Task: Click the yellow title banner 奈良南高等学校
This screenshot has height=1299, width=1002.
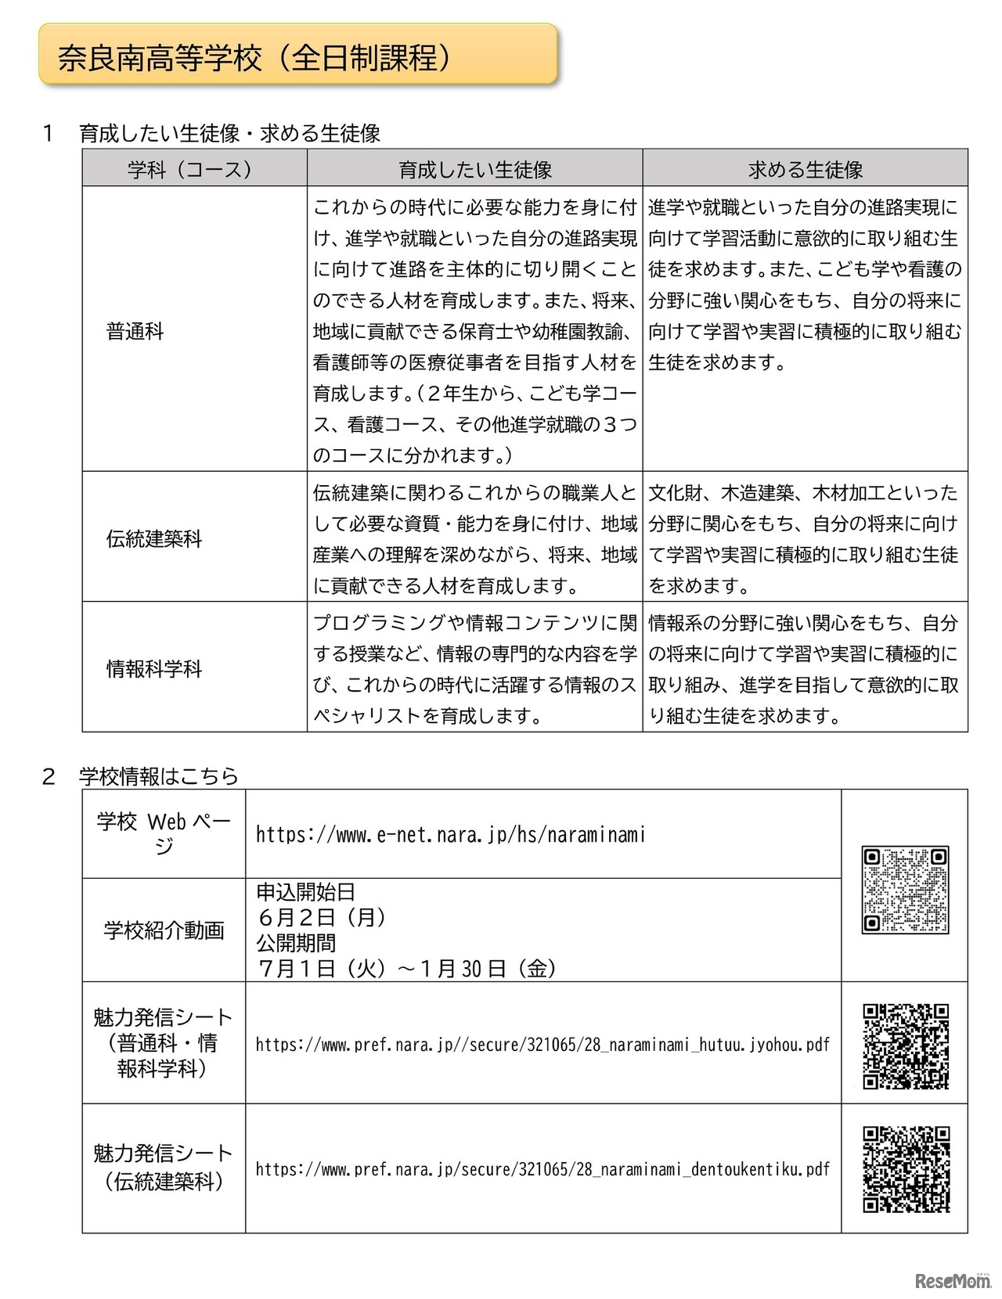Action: (297, 55)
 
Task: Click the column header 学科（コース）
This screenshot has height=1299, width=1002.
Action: (193, 169)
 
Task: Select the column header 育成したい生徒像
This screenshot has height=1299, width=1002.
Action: (474, 169)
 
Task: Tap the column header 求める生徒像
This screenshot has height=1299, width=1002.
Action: (805, 169)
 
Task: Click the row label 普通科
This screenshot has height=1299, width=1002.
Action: (135, 331)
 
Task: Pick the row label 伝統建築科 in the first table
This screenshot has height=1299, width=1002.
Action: (154, 538)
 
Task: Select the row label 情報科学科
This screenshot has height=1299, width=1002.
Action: (154, 669)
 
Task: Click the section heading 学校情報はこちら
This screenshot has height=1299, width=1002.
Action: (158, 776)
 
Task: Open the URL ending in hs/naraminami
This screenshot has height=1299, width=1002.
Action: (450, 835)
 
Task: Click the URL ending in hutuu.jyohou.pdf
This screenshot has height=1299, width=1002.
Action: (542, 1045)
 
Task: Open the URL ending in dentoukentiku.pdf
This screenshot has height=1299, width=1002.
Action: (542, 1169)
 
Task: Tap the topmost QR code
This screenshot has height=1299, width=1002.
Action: (905, 889)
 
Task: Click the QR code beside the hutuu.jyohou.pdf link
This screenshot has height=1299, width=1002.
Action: (905, 1045)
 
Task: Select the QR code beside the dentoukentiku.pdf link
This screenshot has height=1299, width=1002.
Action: (905, 1169)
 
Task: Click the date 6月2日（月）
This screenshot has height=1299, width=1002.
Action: (322, 917)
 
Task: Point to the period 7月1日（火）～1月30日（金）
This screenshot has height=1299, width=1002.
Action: (407, 969)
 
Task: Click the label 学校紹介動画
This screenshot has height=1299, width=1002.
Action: (164, 930)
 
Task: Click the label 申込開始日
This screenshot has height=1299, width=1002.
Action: (305, 892)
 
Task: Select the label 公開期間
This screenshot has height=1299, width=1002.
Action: (296, 943)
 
